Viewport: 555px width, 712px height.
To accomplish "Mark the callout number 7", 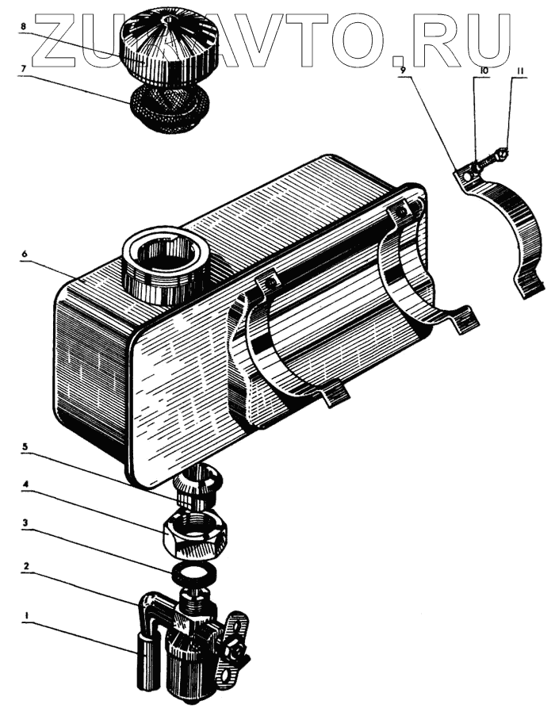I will (24, 69).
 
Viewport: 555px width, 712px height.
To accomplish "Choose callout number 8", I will (24, 26).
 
